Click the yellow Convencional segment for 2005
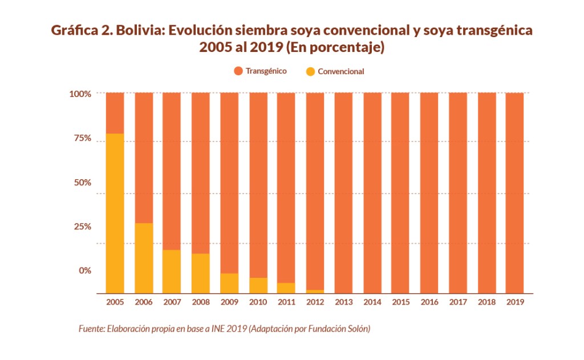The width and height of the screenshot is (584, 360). pyautogui.click(x=115, y=213)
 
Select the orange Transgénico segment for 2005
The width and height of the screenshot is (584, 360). pyautogui.click(x=115, y=113)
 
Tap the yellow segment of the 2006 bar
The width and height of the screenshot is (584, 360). pyautogui.click(x=144, y=258)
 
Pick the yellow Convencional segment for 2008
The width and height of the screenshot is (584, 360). pyautogui.click(x=201, y=273)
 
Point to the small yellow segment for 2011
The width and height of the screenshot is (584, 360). pyautogui.click(x=286, y=288)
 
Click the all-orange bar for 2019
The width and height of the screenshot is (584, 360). pyautogui.click(x=515, y=193)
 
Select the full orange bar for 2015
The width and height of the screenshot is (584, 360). pyautogui.click(x=400, y=193)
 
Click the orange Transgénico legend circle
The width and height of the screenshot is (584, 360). pyautogui.click(x=238, y=71)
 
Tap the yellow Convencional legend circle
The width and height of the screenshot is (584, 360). pyautogui.click(x=310, y=72)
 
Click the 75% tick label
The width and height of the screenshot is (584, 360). pyautogui.click(x=82, y=138)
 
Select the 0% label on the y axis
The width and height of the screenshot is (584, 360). pyautogui.click(x=84, y=270)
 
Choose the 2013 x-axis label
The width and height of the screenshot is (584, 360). pyautogui.click(x=343, y=302)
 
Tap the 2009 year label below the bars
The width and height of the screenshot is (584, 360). pyautogui.click(x=229, y=302)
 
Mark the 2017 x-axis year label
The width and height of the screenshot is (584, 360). pyautogui.click(x=458, y=302)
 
